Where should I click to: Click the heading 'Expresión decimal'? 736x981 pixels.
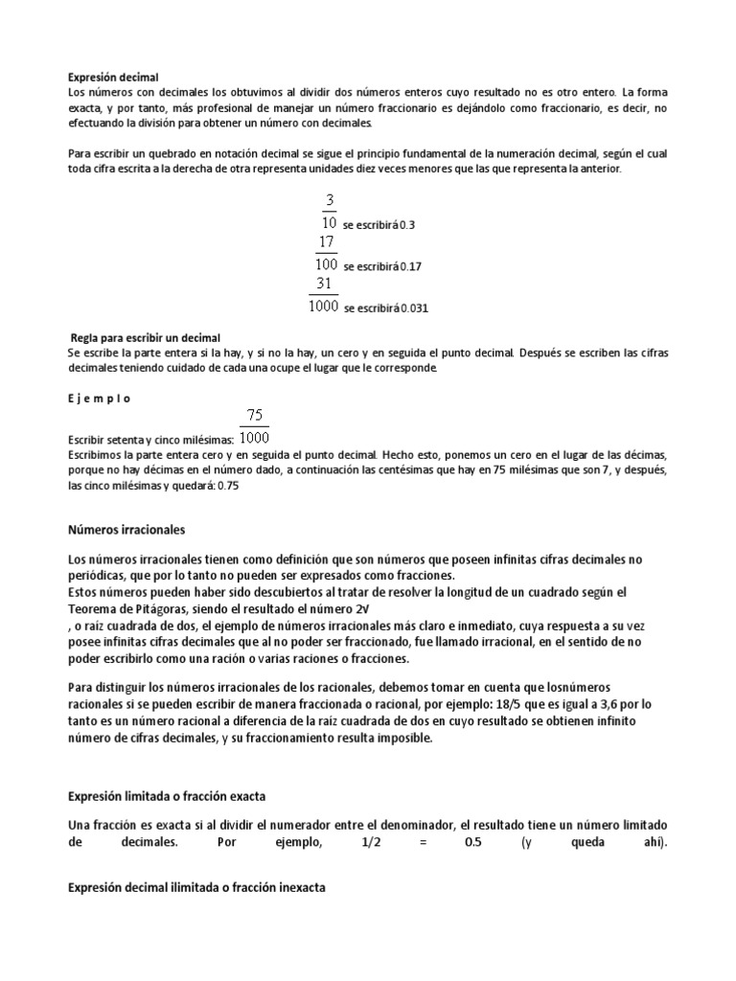point(113,76)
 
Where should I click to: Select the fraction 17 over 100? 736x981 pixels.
point(327,253)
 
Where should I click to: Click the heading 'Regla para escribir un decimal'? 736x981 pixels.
point(146,337)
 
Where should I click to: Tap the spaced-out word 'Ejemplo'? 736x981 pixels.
point(100,397)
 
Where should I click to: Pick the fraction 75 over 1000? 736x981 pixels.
point(253,426)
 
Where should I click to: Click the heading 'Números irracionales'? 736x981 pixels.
point(126,529)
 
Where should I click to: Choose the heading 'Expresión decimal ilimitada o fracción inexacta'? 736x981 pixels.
point(196,888)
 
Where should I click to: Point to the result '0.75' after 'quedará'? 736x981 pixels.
point(228,487)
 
